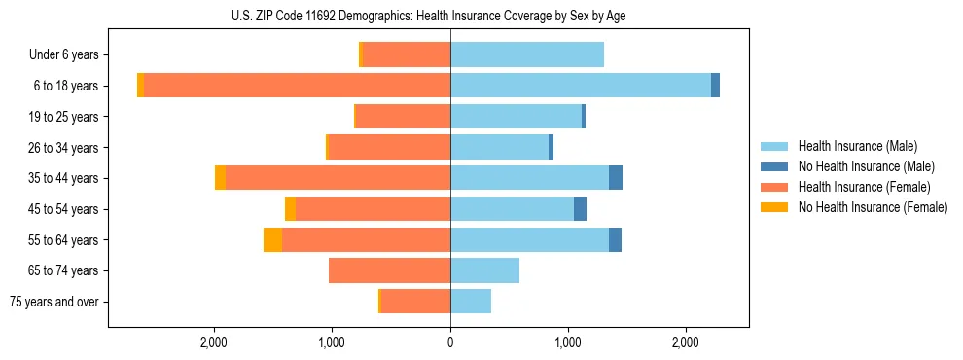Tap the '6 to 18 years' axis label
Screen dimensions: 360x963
(66, 86)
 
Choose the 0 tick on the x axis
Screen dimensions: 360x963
(450, 342)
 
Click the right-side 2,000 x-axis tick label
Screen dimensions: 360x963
(686, 342)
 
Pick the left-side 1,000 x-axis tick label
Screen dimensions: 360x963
(332, 342)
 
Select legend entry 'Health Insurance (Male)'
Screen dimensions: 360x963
(857, 146)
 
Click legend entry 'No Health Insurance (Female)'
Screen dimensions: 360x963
(873, 207)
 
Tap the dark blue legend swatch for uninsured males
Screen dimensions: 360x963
(774, 166)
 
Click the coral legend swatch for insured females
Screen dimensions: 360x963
(774, 187)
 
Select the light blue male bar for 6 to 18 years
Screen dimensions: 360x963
(581, 86)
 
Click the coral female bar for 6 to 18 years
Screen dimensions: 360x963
(297, 86)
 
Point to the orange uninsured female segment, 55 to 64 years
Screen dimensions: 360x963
(272, 240)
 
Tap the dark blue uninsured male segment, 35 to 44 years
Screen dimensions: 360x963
(616, 178)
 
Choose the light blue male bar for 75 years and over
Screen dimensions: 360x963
(471, 302)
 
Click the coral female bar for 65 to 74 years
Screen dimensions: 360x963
(389, 270)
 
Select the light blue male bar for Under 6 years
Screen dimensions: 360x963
(527, 55)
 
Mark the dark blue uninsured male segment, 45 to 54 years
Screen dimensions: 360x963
(580, 209)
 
